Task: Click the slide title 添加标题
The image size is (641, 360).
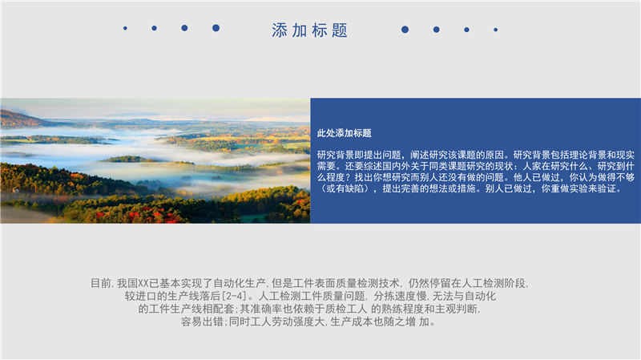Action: click(x=309, y=30)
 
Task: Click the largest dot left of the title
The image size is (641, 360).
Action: click(x=216, y=28)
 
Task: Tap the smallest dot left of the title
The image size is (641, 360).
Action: click(x=125, y=28)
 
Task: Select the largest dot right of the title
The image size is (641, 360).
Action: click(x=405, y=30)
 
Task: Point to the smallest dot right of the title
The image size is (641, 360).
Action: click(x=495, y=30)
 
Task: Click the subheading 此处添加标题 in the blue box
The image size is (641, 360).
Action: click(x=345, y=133)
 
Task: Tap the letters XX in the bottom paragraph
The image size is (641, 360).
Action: click(x=143, y=283)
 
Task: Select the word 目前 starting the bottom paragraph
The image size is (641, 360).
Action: click(x=100, y=283)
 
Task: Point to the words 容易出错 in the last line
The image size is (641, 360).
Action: click(x=202, y=322)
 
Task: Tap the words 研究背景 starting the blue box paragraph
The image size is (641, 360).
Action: click(x=336, y=155)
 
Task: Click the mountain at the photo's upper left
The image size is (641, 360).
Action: click(x=21, y=119)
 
